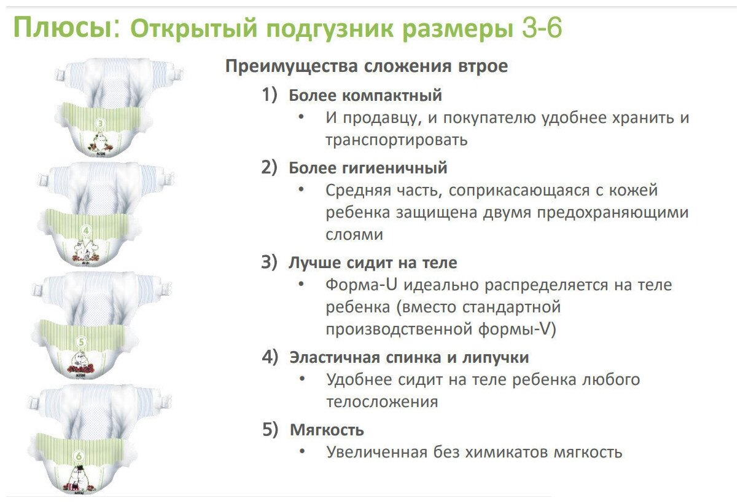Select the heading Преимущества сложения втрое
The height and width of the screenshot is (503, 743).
tap(367, 66)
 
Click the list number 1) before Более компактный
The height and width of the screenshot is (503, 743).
tap(270, 95)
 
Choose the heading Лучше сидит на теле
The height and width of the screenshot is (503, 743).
tap(373, 263)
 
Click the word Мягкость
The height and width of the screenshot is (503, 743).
tap(327, 430)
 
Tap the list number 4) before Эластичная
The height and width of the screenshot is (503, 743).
tap(270, 357)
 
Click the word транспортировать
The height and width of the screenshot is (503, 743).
tap(397, 140)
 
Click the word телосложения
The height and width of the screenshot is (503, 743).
tap(382, 402)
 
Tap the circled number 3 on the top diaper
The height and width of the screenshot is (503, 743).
tap(101, 124)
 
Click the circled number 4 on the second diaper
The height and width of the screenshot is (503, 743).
tap(87, 231)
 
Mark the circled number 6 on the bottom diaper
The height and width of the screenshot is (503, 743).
tap(78, 456)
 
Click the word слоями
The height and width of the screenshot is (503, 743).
tap(354, 235)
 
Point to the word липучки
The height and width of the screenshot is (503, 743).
tap(497, 357)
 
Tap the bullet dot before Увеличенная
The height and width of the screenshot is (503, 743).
tap(301, 452)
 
